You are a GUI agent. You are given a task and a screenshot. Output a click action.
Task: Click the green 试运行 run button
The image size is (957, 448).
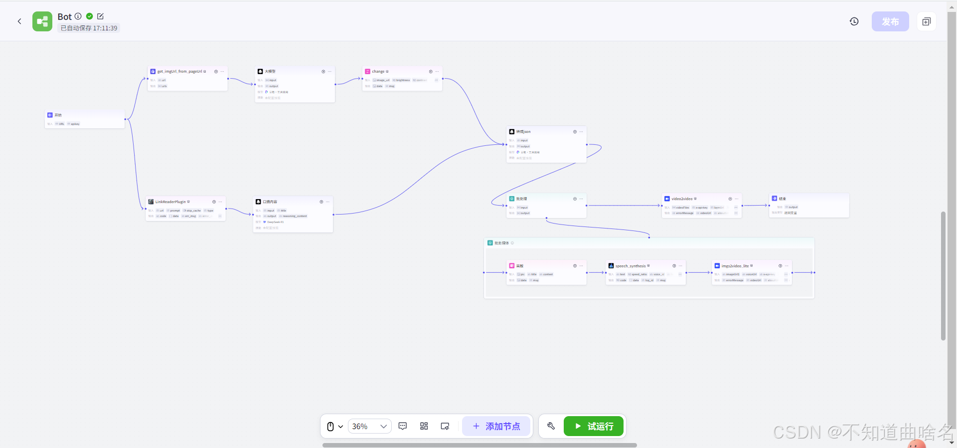click(594, 426)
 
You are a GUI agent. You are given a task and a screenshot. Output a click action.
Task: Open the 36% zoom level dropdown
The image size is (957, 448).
click(369, 426)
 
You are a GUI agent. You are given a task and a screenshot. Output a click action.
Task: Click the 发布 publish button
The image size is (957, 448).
click(890, 21)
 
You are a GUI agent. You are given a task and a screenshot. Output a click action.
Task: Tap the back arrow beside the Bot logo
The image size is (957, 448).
click(19, 21)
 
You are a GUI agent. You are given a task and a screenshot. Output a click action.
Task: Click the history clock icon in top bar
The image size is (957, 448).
click(854, 21)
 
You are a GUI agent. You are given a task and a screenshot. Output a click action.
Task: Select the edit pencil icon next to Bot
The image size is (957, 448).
click(100, 16)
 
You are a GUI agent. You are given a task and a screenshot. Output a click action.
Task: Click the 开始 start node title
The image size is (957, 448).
click(58, 115)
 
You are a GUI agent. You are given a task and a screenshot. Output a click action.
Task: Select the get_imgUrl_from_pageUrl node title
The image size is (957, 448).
click(179, 72)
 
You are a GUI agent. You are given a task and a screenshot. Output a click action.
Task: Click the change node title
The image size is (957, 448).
click(378, 72)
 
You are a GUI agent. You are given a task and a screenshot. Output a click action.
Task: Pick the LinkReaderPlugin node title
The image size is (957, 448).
click(170, 202)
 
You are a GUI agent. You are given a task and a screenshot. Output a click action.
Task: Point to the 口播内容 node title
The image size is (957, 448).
click(270, 202)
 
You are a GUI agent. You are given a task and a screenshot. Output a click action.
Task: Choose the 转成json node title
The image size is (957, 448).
click(523, 132)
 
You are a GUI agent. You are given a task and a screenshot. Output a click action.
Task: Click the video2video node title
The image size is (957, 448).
click(682, 199)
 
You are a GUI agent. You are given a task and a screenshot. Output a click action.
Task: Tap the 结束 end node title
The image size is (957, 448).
click(783, 199)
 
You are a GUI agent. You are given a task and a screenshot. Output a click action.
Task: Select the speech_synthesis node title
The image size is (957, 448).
click(631, 266)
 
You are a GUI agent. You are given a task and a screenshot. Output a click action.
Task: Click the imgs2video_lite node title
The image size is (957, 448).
click(735, 266)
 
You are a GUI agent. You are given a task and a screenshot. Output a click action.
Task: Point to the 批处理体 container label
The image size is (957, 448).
click(501, 243)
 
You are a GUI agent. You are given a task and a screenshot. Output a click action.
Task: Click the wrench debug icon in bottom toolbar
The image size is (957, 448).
click(551, 426)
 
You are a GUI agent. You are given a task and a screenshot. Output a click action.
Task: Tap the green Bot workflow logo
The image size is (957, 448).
click(42, 21)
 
